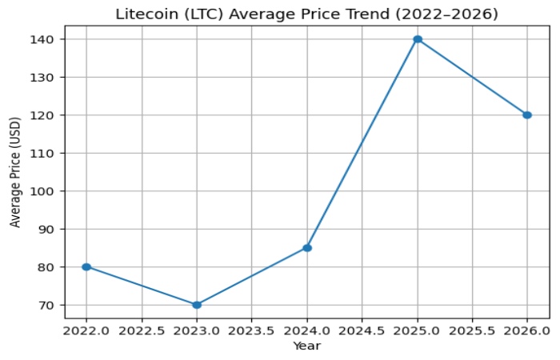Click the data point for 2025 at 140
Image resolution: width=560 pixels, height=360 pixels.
pyautogui.click(x=418, y=39)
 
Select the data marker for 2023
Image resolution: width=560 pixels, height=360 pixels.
pyautogui.click(x=197, y=305)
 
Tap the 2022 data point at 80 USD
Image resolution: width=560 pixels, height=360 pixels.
pyautogui.click(x=86, y=266)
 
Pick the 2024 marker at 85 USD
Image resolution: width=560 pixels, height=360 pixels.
pyautogui.click(x=307, y=248)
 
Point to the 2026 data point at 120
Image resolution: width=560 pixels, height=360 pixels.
pyautogui.click(x=527, y=115)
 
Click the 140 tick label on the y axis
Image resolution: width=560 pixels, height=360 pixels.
pyautogui.click(x=46, y=39)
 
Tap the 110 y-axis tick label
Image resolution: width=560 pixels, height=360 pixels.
pyautogui.click(x=46, y=153)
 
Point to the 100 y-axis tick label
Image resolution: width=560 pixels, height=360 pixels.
pyautogui.click(x=46, y=191)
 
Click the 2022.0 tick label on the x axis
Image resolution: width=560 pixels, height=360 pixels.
pyautogui.click(x=86, y=330)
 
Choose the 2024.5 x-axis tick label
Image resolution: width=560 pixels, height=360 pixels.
pyautogui.click(x=362, y=330)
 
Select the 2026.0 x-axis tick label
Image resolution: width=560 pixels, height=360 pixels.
pyautogui.click(x=527, y=330)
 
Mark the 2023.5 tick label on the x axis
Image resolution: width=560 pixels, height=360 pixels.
pyautogui.click(x=252, y=330)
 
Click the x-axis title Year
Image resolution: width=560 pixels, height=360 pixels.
pyautogui.click(x=306, y=346)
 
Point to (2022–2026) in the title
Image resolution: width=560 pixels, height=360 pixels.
pyautogui.click(x=453, y=14)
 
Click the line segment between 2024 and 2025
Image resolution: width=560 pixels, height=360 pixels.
pyautogui.click(x=362, y=144)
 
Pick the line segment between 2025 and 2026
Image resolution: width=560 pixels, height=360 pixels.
pyautogui.click(x=472, y=77)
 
